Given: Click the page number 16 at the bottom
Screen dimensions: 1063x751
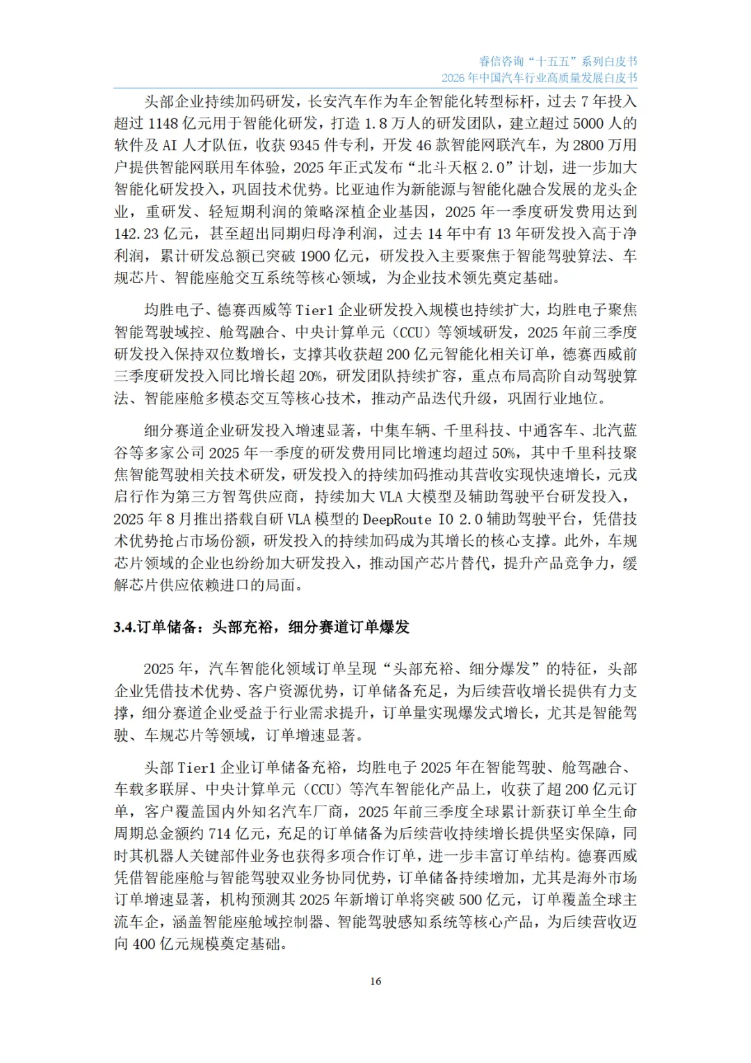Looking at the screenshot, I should click(375, 982).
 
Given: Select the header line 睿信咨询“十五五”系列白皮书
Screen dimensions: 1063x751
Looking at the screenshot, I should click(558, 61).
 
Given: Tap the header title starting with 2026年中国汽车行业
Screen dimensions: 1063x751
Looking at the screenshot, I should click(539, 78).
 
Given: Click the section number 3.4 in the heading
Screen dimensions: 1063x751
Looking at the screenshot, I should click(124, 628).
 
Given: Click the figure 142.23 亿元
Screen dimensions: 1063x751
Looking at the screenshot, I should click(137, 234).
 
